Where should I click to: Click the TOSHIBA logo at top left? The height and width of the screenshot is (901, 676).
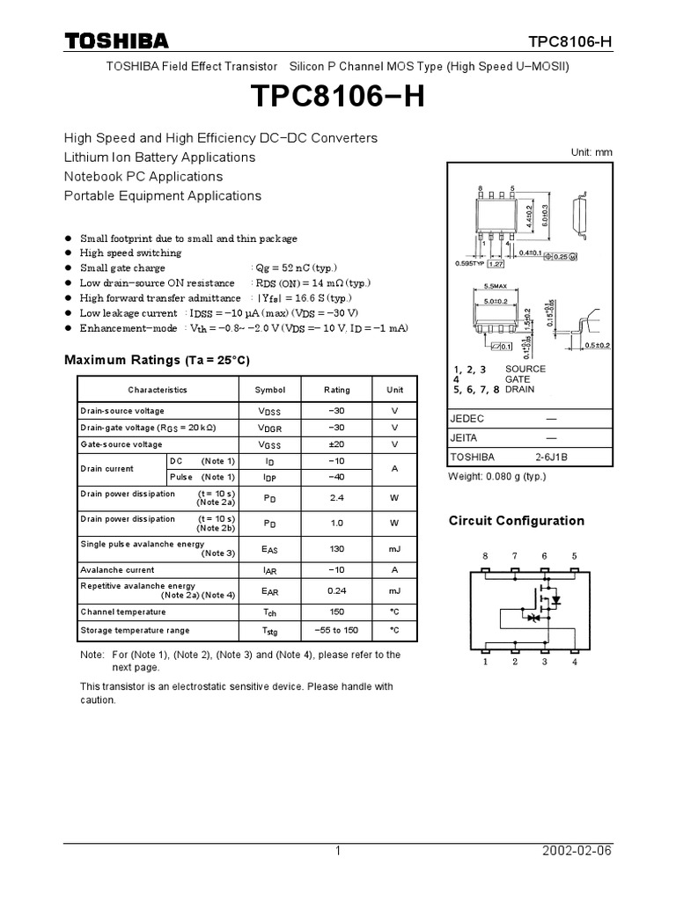[x=115, y=40]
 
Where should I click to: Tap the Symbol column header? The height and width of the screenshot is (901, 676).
[x=270, y=390]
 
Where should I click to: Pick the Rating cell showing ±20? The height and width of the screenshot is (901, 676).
[x=336, y=444]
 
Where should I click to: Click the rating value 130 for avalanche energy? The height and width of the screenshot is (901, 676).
[x=336, y=548]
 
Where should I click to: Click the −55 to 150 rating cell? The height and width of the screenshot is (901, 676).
[x=336, y=630]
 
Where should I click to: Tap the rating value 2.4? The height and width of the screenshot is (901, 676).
[x=336, y=498]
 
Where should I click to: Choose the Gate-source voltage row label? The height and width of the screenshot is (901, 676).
[x=121, y=444]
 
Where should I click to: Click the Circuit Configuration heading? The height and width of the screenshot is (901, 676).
[x=517, y=521]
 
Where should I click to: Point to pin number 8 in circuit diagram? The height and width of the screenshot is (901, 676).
[x=484, y=556]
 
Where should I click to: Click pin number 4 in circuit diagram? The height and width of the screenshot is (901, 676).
[x=575, y=663]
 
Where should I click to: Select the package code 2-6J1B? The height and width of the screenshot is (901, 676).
[x=551, y=458]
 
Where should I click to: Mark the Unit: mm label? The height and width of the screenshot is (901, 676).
[x=591, y=152]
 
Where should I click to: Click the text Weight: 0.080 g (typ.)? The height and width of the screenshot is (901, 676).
[x=497, y=476]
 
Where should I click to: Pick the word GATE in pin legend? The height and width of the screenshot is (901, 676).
[x=518, y=379]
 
